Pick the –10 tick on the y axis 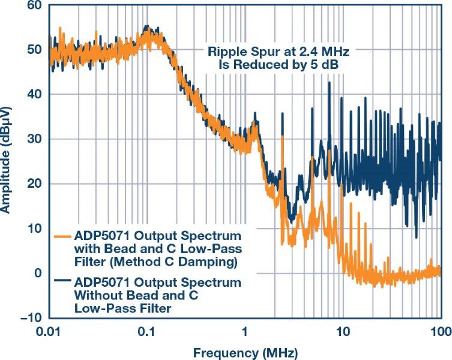(x=30, y=317)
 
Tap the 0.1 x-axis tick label (x=147, y=331)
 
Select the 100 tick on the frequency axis (x=440, y=331)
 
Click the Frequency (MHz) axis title (x=246, y=350)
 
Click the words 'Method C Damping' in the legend (x=191, y=262)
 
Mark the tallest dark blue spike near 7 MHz (x=329, y=83)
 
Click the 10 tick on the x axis (x=343, y=331)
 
